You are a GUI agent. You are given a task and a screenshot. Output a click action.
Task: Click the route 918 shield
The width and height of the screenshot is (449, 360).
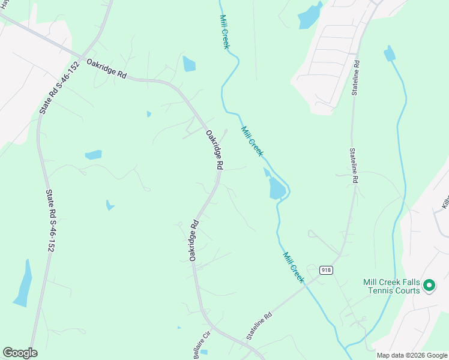[326, 270]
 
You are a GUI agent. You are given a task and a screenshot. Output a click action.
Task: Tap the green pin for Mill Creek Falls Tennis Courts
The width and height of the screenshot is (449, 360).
[429, 286]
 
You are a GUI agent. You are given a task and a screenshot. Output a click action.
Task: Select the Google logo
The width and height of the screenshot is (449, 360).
[20, 353]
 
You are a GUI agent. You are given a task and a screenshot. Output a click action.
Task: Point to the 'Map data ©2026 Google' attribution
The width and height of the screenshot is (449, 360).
[411, 355]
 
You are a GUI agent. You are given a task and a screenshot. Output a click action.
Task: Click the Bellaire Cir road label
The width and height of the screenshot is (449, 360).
[201, 344]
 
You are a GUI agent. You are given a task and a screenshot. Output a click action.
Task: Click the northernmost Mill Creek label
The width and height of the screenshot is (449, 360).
[224, 32]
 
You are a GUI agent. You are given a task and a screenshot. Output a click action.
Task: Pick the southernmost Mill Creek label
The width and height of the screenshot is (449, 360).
[294, 268]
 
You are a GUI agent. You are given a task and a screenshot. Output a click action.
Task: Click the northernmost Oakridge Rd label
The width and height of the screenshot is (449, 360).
[107, 68]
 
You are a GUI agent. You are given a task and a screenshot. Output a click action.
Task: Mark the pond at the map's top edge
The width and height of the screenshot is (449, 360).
[309, 16]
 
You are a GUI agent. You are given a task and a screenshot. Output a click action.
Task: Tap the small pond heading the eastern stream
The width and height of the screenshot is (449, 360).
[390, 54]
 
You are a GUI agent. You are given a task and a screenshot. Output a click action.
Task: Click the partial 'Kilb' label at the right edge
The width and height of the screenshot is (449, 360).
[445, 202]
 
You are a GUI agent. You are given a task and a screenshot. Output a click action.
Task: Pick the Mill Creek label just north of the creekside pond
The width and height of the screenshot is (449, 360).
[252, 141]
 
